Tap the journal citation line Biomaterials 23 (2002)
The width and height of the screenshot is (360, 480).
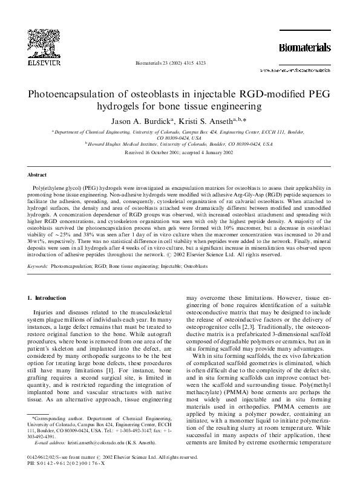click(x=172, y=63)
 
